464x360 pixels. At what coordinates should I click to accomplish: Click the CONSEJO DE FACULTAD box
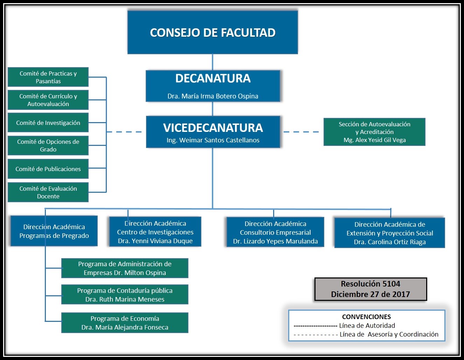pyautogui.click(x=213, y=32)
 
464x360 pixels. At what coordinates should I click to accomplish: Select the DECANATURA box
pyautogui.click(x=213, y=86)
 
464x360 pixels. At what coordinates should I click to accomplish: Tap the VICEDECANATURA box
pyautogui.click(x=213, y=132)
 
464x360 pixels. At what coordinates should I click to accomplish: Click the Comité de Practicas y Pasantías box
pyautogui.click(x=48, y=77)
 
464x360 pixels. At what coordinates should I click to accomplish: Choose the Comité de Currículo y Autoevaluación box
pyautogui.click(x=48, y=100)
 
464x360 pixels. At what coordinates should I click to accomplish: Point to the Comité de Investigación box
pyautogui.click(x=48, y=122)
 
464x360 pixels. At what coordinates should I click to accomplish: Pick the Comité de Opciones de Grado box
pyautogui.click(x=48, y=146)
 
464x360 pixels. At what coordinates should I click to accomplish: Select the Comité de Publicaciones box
pyautogui.click(x=48, y=169)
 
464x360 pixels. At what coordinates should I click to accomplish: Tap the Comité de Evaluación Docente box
pyautogui.click(x=48, y=192)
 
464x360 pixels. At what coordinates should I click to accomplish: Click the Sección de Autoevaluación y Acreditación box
pyautogui.click(x=374, y=132)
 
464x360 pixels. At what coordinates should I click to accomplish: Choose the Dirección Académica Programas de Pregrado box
pyautogui.click(x=54, y=231)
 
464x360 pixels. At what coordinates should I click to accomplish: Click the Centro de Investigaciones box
pyautogui.click(x=155, y=232)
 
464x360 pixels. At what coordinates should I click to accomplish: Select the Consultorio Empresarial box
pyautogui.click(x=275, y=232)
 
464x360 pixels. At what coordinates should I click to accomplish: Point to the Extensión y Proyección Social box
pyautogui.click(x=389, y=233)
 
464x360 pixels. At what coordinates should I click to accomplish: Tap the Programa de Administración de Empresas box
pyautogui.click(x=125, y=268)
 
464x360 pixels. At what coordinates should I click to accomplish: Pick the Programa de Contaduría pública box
pyautogui.click(x=125, y=295)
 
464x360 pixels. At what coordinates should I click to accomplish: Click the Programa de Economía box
pyautogui.click(x=125, y=323)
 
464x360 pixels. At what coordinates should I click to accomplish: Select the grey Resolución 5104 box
pyautogui.click(x=370, y=289)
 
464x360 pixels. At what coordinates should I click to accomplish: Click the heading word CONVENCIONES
pyautogui.click(x=366, y=317)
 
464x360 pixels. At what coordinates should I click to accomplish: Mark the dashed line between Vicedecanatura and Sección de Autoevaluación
pyautogui.click(x=302, y=132)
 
